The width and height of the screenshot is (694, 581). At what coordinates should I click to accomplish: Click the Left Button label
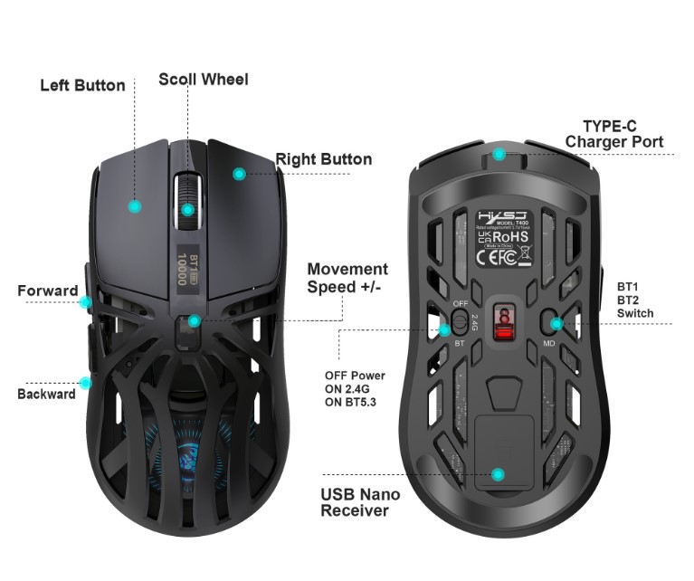click(82, 85)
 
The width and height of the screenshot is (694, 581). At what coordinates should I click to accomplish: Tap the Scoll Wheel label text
click(203, 80)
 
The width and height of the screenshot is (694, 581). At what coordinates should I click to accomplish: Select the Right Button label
click(323, 159)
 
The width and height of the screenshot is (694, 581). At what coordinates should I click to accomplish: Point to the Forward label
click(47, 290)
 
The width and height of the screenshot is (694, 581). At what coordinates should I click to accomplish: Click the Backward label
click(46, 394)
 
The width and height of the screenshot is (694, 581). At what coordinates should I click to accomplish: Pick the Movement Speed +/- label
click(347, 278)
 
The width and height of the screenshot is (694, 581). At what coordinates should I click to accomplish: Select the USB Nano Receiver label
click(360, 503)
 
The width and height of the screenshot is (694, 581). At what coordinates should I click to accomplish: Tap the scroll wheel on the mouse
click(187, 195)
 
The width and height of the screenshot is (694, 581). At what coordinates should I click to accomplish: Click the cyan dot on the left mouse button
click(135, 206)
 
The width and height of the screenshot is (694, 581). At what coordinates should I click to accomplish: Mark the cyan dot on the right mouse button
click(239, 174)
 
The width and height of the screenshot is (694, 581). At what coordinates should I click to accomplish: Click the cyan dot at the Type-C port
click(499, 154)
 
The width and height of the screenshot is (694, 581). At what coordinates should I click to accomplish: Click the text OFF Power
click(355, 376)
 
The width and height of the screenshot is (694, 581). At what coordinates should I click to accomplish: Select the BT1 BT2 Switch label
click(634, 299)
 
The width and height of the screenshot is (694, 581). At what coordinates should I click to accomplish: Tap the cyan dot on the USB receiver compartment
click(496, 473)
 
